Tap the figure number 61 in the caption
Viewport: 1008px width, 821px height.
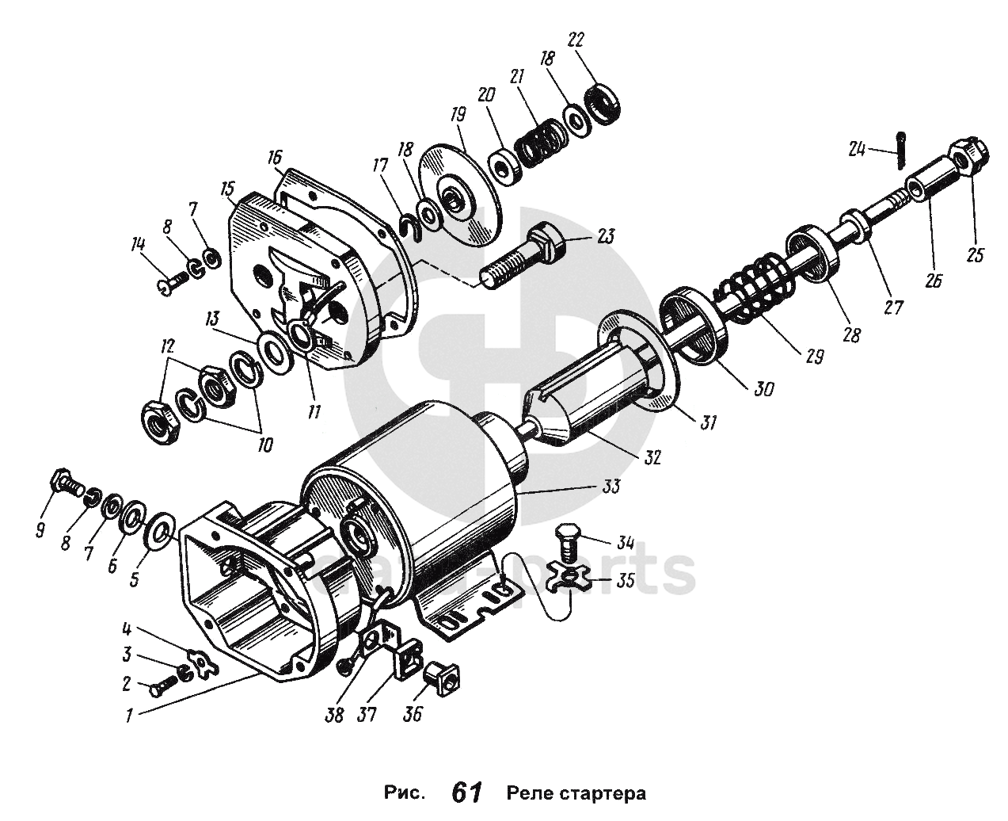(466, 792)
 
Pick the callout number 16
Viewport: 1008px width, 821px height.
(274, 156)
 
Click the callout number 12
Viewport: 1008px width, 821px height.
(167, 348)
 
